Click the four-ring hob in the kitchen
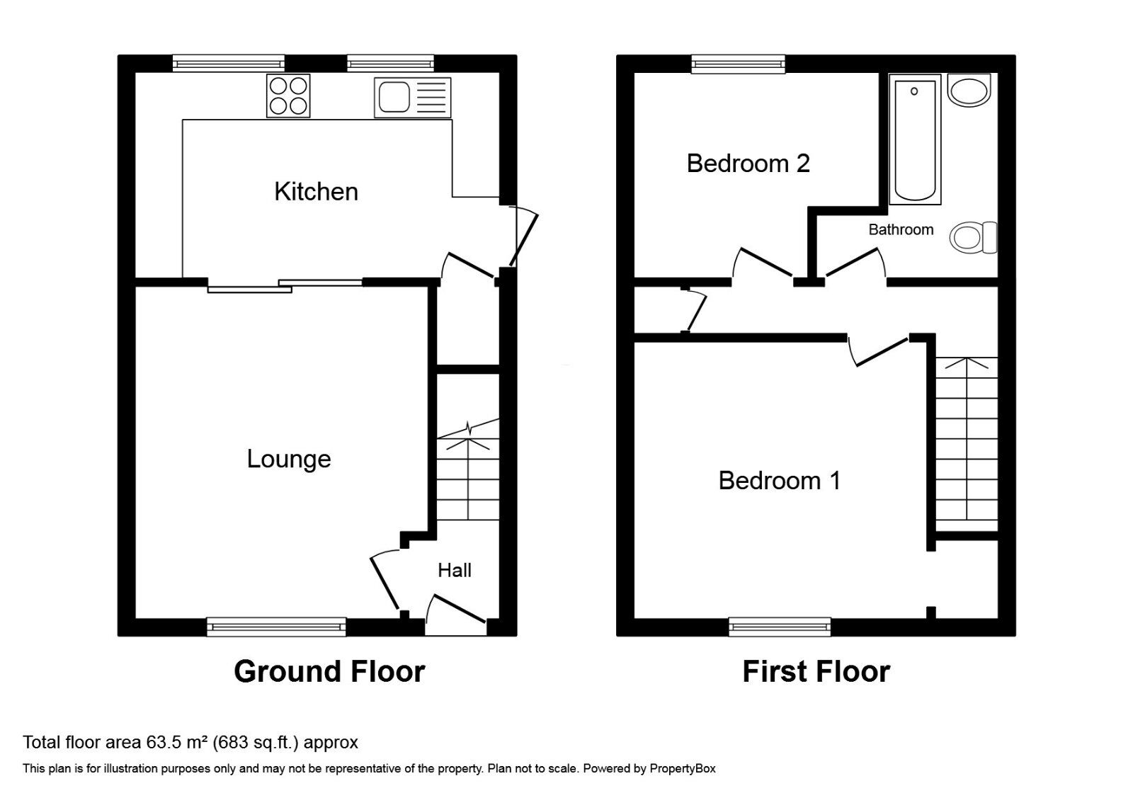tap(288, 96)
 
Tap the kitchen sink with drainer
tap(412, 97)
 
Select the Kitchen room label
tap(316, 192)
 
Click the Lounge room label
tap(288, 459)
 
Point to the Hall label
tap(454, 570)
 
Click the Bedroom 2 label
tap(748, 164)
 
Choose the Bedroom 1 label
tap(779, 481)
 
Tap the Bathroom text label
tap(901, 229)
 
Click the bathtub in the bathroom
tap(914, 139)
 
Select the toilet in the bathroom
tap(974, 237)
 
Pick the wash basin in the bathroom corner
tap(969, 90)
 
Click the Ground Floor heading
tap(329, 671)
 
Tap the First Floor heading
tap(816, 671)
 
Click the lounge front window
tap(277, 626)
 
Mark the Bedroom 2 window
tap(739, 64)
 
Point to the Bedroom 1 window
tap(780, 626)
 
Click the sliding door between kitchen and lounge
tap(285, 285)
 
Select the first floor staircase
tap(967, 443)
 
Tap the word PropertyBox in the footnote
tap(683, 768)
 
